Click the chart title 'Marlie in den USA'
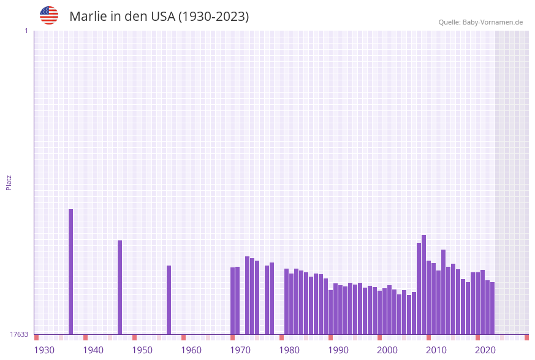tap(159, 17)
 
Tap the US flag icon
tap(49, 15)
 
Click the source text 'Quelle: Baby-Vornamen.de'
tap(480, 22)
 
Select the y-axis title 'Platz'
tap(9, 182)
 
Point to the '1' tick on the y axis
tap(26, 31)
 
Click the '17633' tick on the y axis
tap(19, 334)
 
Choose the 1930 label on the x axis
tap(44, 350)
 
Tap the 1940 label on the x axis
tap(93, 350)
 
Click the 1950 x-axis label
tap(142, 350)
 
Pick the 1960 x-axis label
tap(191, 350)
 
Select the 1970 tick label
tap(240, 350)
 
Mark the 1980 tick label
tap(289, 350)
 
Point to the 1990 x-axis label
tap(338, 350)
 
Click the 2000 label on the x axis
tap(387, 350)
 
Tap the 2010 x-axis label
tap(436, 350)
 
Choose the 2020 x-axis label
tap(485, 350)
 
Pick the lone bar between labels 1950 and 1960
tap(169, 300)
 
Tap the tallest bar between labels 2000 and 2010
tap(423, 285)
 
